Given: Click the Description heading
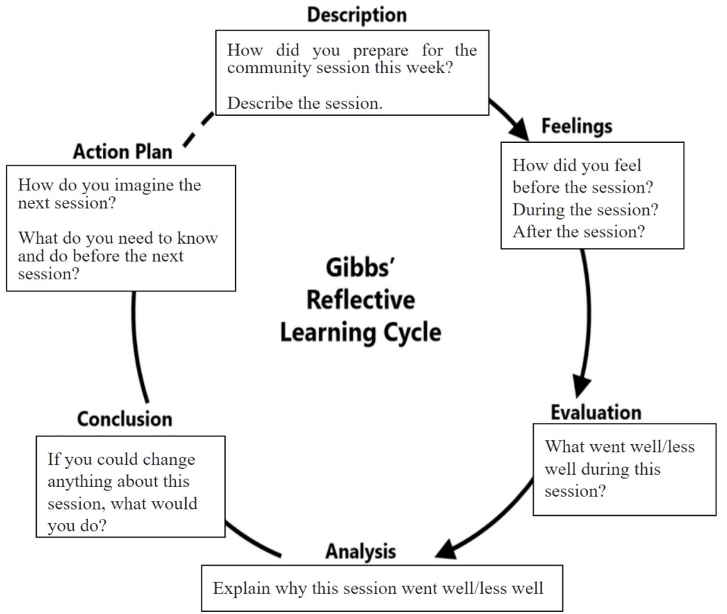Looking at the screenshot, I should [357, 15].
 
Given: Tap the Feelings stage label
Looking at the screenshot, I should [576, 126].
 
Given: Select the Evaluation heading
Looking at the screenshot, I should [596, 412].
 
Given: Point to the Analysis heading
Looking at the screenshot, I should [361, 551].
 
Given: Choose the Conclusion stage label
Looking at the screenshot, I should [125, 419].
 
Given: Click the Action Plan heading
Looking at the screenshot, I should [122, 151].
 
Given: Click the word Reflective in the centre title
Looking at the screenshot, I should [361, 300].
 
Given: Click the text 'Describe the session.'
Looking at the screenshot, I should [305, 103].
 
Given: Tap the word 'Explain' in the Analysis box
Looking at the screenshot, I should [239, 588].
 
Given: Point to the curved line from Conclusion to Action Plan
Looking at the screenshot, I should [136, 348].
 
